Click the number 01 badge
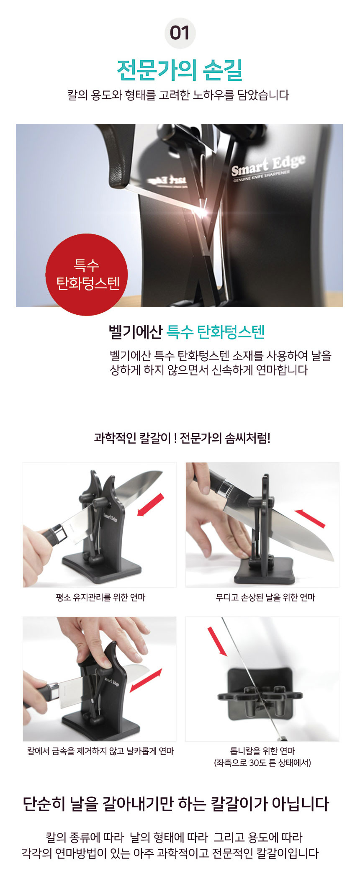[x=180, y=33]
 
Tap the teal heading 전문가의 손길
[x=180, y=70]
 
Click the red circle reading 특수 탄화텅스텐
[x=86, y=275]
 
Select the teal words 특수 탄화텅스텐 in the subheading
[x=216, y=332]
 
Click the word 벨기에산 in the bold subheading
[x=135, y=332]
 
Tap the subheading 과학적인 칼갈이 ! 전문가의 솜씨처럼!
[x=182, y=438]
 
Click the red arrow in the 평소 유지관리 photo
[x=151, y=505]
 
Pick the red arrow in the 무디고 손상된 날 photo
[x=310, y=518]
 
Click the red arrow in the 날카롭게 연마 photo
[x=146, y=680]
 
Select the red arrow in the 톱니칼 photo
[x=217, y=641]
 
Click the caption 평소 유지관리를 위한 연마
[x=100, y=597]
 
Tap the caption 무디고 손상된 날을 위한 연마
[x=265, y=597]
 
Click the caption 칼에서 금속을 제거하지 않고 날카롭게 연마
[x=100, y=751]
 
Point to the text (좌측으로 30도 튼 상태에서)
[x=262, y=763]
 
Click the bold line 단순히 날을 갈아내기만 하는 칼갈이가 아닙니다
[x=176, y=804]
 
